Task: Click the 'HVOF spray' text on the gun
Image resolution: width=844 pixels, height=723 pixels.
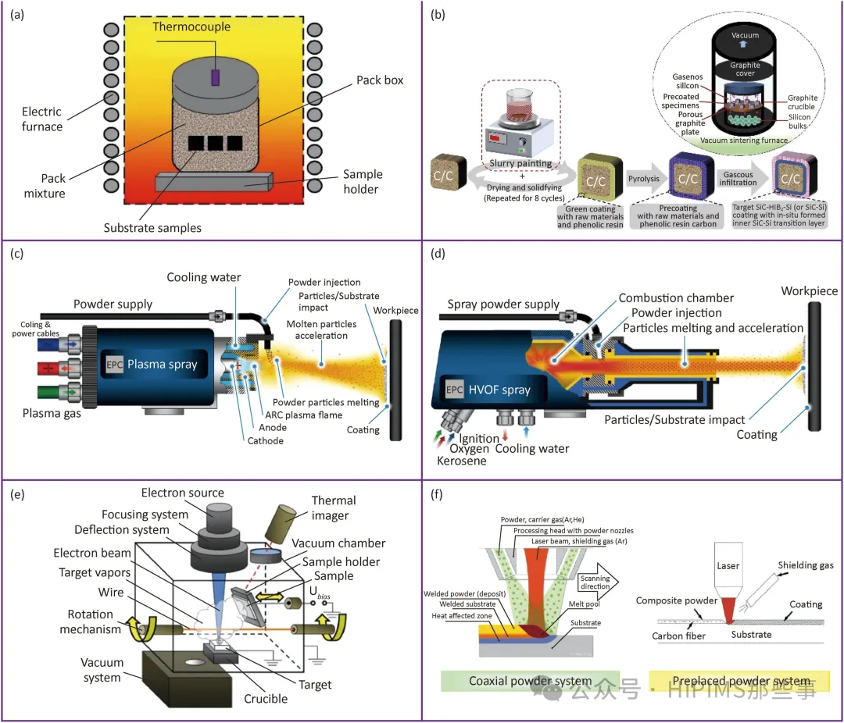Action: (x=521, y=390)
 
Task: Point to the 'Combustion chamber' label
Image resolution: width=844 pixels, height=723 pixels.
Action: (x=676, y=297)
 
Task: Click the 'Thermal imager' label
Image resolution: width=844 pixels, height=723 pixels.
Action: (x=333, y=508)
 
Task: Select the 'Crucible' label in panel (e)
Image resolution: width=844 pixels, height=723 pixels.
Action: (x=265, y=697)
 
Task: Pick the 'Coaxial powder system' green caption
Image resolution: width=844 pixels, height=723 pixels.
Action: (x=530, y=681)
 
